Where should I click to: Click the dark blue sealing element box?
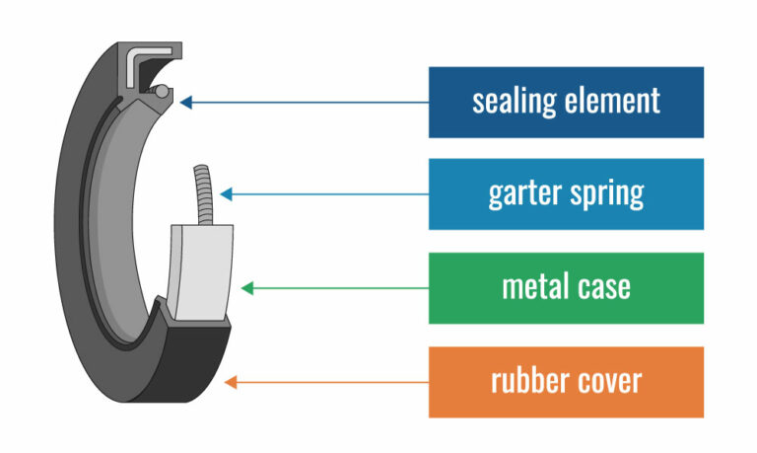tap(566, 102)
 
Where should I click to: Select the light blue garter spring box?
tap(566, 193)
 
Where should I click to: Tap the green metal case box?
tap(566, 287)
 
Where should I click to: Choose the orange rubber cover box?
tap(566, 381)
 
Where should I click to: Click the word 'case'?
tap(606, 287)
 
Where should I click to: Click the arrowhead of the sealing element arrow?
tap(185, 101)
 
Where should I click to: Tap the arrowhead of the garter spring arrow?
tap(224, 193)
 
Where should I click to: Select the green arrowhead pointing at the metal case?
tap(247, 288)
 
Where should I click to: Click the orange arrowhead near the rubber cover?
tap(232, 381)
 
